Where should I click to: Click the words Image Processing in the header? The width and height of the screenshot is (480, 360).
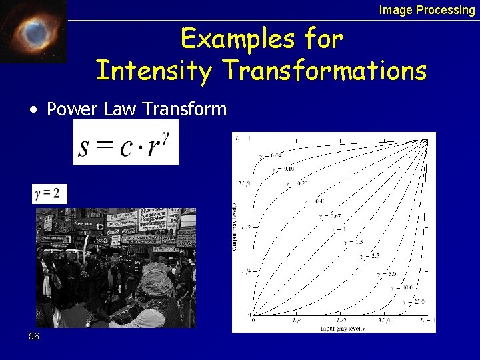427,10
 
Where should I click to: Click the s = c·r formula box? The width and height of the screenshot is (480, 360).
126,143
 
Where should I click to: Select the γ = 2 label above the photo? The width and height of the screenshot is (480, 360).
49,194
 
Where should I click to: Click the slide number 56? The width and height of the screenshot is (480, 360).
34,337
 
